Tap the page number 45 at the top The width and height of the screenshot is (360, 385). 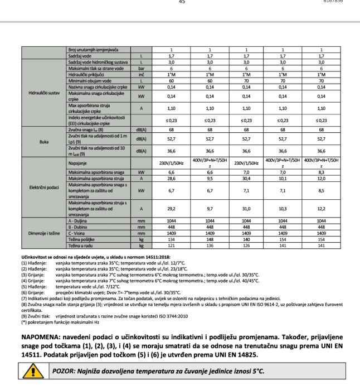tap(181, 2)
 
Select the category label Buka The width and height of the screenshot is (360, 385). tap(43, 142)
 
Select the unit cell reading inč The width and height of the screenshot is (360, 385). tap(142, 74)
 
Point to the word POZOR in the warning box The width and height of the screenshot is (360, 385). tap(65, 371)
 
